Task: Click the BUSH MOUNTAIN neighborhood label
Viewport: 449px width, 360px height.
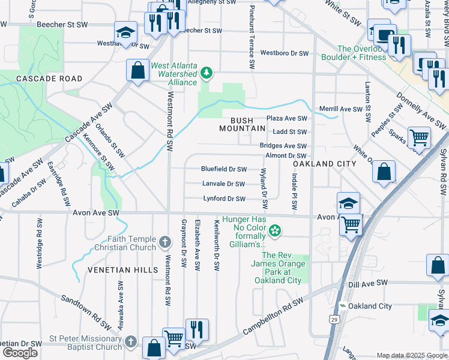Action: click(x=242, y=124)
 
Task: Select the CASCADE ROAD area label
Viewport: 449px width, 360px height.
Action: click(x=49, y=79)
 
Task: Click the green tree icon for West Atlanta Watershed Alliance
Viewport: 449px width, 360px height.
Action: click(x=207, y=73)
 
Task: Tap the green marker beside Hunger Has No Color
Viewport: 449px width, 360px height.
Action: click(x=275, y=230)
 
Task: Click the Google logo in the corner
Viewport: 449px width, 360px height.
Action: click(x=20, y=353)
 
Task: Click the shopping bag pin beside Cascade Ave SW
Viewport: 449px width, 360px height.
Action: click(x=137, y=70)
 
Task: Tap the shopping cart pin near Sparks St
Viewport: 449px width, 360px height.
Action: click(x=418, y=137)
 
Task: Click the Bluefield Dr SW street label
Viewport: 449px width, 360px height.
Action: click(x=223, y=169)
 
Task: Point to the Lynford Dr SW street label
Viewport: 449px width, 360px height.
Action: click(x=224, y=199)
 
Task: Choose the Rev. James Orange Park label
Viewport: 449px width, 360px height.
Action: click(x=277, y=263)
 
